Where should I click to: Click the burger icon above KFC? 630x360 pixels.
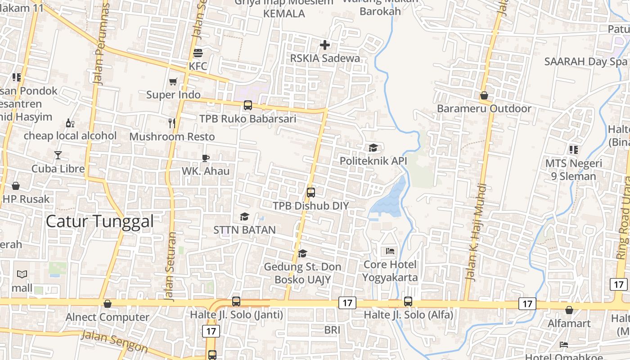(x=198, y=53)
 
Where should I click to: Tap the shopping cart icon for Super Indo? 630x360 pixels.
(x=173, y=81)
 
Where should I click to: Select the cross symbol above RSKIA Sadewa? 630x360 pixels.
(x=325, y=45)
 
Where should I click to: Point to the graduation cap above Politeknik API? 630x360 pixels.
(x=373, y=148)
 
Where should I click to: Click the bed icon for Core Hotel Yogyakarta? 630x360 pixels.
(x=390, y=251)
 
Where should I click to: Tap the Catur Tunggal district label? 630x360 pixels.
(x=100, y=221)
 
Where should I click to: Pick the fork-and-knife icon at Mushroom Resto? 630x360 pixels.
(x=172, y=123)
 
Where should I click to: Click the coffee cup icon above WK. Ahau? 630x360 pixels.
(x=206, y=157)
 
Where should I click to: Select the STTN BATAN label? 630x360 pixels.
(x=244, y=230)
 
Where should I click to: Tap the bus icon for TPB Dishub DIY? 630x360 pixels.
(x=311, y=193)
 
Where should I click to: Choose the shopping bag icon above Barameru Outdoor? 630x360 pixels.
(x=484, y=95)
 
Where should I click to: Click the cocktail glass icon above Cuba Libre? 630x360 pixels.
(x=58, y=155)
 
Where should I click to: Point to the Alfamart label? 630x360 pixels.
(x=569, y=323)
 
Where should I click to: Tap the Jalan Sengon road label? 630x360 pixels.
(x=115, y=342)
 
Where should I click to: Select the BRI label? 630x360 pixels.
(x=333, y=330)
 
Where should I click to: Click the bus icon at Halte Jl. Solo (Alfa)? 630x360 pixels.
(x=408, y=301)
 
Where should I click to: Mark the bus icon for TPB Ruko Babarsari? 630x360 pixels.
(x=248, y=105)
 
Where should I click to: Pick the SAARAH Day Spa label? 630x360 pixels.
(x=585, y=62)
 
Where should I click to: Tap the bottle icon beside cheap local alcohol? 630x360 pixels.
(x=70, y=123)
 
